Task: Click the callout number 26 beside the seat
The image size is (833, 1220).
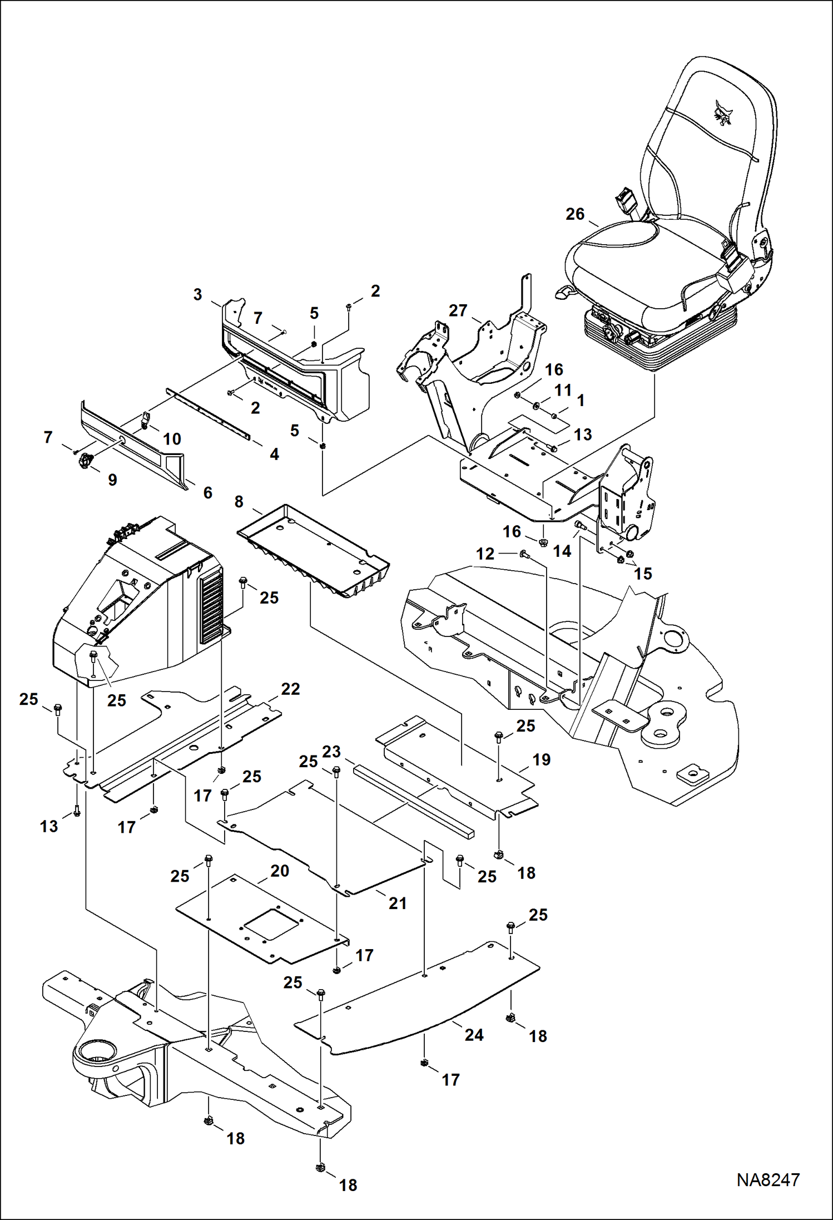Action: tap(575, 214)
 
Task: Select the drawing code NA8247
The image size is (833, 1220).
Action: tap(767, 1179)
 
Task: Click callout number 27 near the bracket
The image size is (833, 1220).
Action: tap(458, 310)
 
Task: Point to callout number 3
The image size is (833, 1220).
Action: tap(197, 294)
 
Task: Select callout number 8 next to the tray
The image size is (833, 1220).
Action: tap(239, 502)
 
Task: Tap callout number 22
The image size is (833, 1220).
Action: tap(290, 689)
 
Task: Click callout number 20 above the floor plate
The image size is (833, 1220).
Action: tap(280, 871)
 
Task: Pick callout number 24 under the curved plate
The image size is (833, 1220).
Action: tap(474, 1035)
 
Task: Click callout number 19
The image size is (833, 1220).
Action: tap(541, 759)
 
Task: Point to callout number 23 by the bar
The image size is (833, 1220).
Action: tap(331, 752)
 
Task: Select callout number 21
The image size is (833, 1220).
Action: tap(398, 903)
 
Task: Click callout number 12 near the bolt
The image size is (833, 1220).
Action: tap(485, 554)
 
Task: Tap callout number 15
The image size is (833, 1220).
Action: tap(643, 574)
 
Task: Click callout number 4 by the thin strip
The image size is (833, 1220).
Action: tap(274, 454)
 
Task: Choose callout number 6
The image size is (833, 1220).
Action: tap(207, 492)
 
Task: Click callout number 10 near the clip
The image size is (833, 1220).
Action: tap(172, 439)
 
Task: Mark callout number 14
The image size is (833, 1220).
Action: tap(562, 551)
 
